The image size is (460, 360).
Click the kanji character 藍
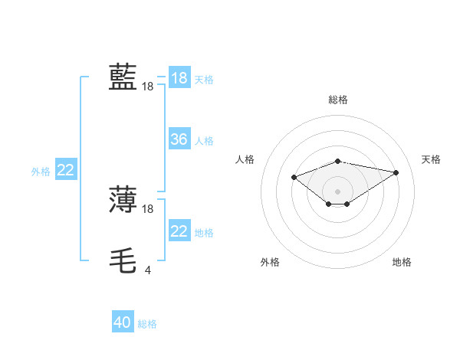123,77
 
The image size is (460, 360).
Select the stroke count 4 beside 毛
147,270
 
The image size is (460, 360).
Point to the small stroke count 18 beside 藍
147,87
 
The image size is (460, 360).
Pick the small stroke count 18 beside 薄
148,209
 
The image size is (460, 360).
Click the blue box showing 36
179,139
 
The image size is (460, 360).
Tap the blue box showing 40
123,322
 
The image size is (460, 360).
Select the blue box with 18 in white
179,78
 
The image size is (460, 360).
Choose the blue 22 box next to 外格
66,171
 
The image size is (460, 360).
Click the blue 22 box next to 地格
179,231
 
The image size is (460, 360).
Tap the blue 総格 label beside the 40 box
147,324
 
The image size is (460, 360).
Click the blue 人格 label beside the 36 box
205,141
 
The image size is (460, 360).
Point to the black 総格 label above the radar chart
338,100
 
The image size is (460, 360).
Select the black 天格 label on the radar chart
431,159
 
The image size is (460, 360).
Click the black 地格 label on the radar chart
402,262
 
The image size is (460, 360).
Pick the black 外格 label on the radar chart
270,262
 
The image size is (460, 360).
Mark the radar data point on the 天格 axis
396,172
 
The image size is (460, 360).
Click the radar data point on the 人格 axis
294,177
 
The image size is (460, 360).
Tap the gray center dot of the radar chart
338,191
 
